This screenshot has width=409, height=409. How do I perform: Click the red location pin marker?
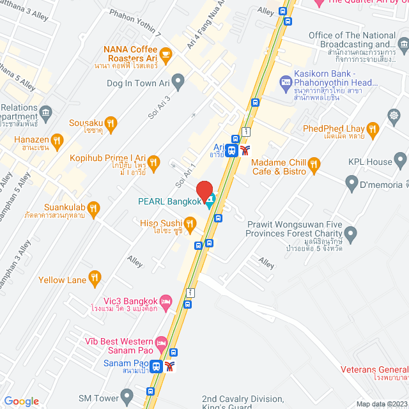click(x=204, y=190)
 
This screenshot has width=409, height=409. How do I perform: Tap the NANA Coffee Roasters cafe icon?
click(x=166, y=55)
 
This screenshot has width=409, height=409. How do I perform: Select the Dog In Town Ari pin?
click(x=178, y=81)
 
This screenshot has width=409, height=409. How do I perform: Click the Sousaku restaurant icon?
click(x=111, y=123)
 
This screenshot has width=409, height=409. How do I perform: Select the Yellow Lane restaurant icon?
click(x=95, y=277)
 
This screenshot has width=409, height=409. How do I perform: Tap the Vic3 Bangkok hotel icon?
click(x=166, y=300)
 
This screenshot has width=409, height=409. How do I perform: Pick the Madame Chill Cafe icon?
click(x=313, y=166)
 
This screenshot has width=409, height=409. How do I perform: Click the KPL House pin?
click(x=401, y=160)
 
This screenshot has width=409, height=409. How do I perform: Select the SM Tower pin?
click(x=126, y=396)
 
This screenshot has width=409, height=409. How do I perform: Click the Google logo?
click(x=21, y=401)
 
